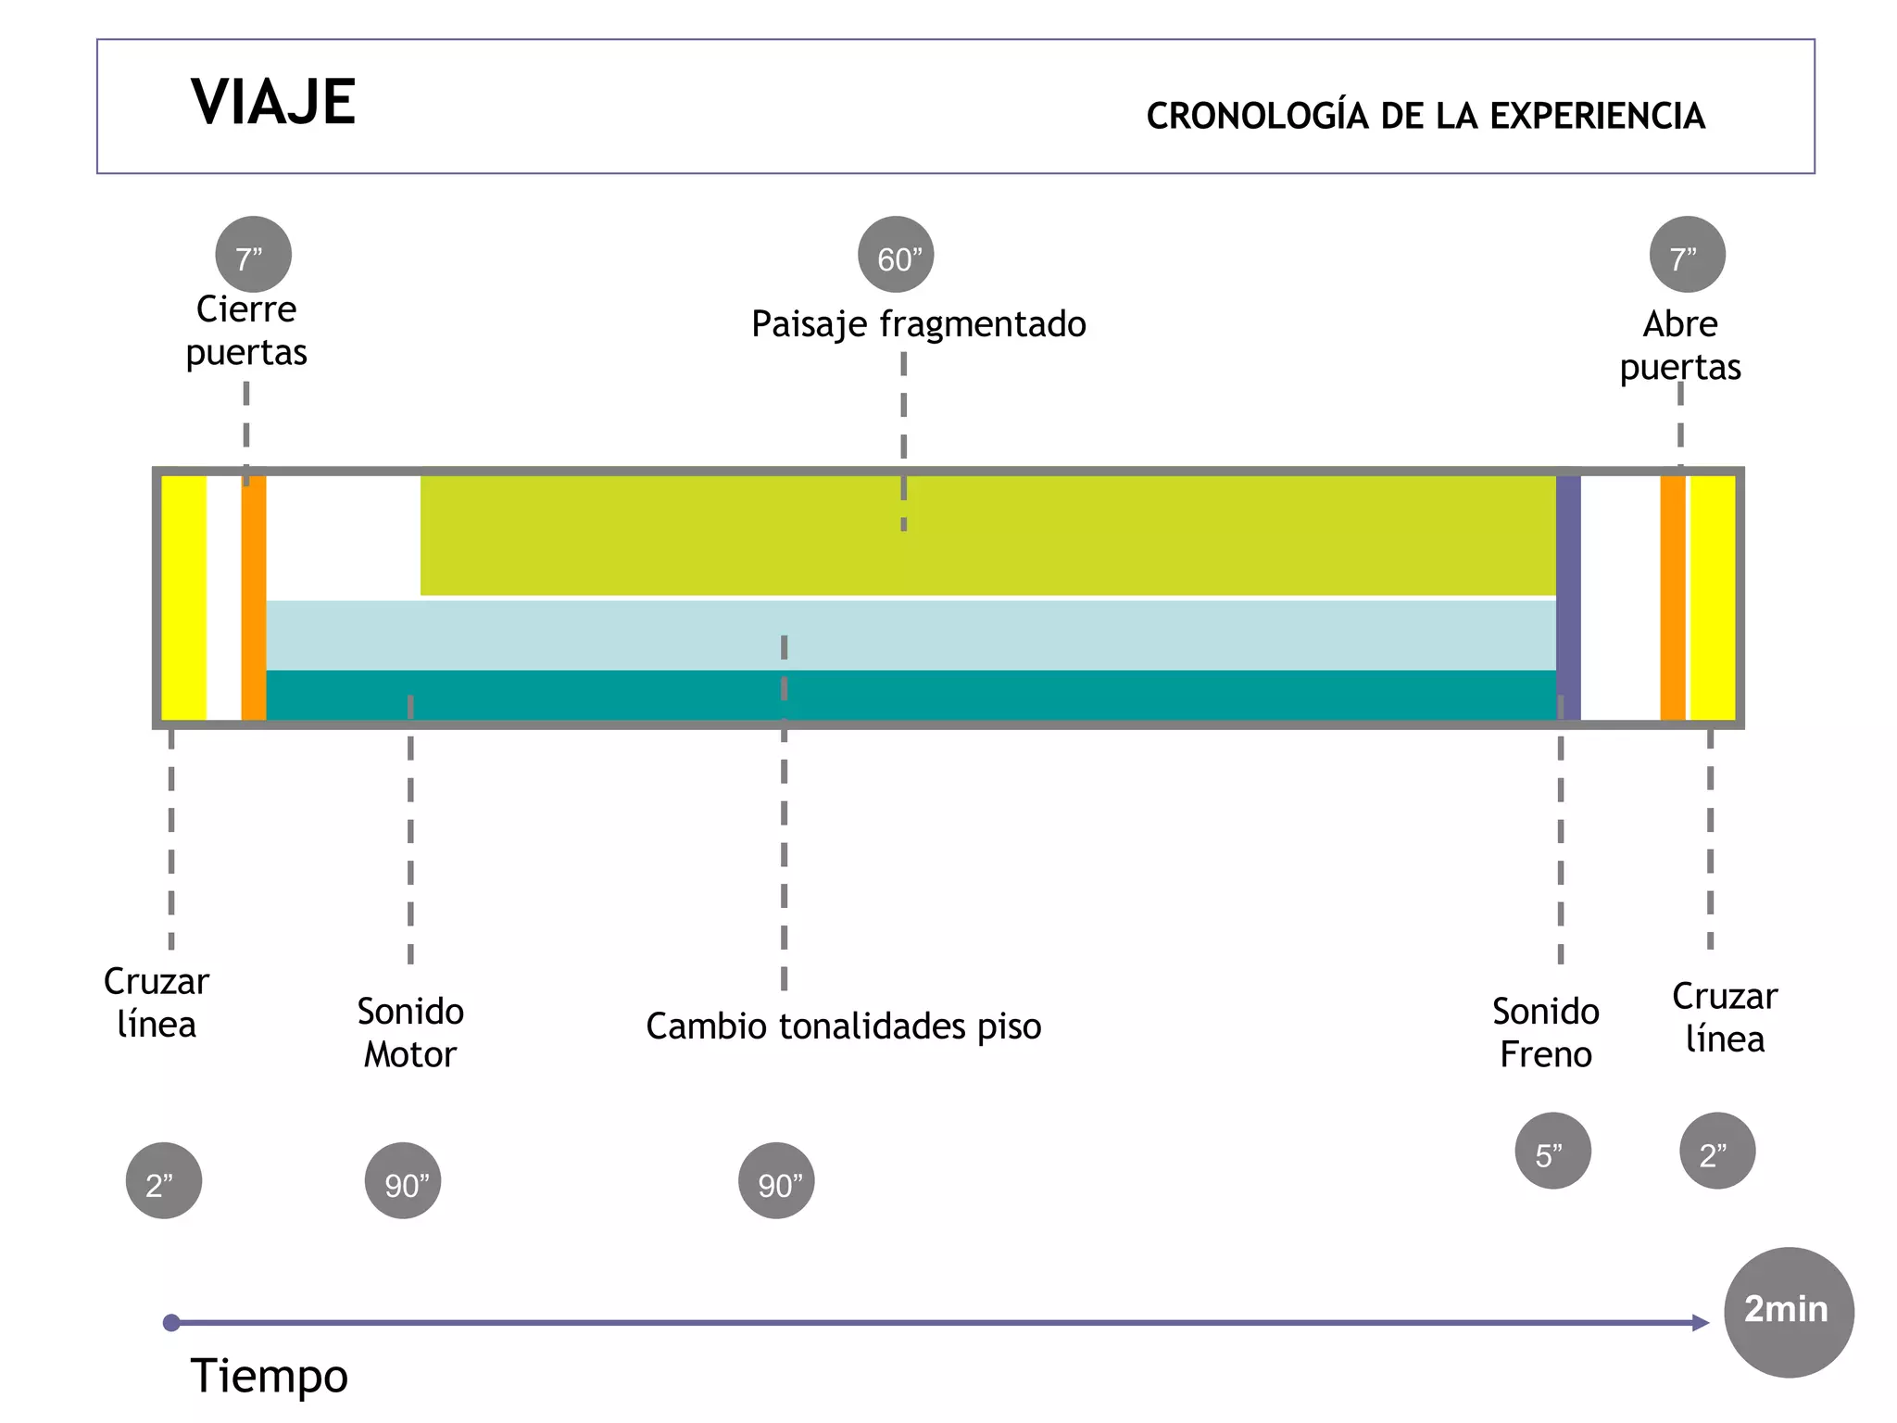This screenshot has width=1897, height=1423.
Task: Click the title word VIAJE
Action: [273, 102]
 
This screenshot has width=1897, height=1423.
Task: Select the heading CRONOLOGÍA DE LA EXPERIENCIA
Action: [1425, 117]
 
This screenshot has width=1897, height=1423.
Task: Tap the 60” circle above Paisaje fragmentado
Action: [896, 255]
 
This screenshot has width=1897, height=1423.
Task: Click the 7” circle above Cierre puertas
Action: [253, 255]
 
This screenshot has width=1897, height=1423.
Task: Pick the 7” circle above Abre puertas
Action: [1687, 255]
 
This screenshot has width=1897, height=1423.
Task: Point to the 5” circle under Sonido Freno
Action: [1552, 1151]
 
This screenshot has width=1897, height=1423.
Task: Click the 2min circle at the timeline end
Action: [1788, 1312]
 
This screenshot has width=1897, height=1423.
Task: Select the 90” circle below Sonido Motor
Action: [403, 1181]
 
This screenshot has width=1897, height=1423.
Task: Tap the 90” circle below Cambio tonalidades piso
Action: [776, 1181]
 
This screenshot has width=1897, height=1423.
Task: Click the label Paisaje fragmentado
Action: [918, 324]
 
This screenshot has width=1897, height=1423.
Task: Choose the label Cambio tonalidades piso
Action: [843, 1026]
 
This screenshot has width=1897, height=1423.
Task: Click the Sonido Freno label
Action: [1545, 1033]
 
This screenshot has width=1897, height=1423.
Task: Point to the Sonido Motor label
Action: [410, 1033]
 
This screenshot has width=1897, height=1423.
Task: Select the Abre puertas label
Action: [1680, 346]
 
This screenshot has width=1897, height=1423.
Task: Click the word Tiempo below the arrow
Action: [269, 1375]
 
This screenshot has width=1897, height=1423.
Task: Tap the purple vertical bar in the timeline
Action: [1568, 598]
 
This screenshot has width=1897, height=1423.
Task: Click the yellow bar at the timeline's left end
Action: [183, 598]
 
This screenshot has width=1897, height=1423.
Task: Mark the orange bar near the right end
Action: [1672, 598]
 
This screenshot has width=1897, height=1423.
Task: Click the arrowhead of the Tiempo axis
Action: [1700, 1323]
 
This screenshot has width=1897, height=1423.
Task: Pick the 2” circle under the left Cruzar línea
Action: [164, 1181]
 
